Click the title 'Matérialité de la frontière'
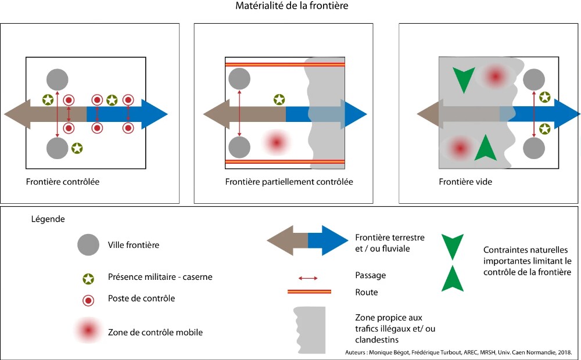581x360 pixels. point(292,6)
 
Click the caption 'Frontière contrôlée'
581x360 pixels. point(63,182)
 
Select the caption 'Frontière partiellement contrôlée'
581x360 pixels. point(289,182)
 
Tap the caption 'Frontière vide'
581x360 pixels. point(465,182)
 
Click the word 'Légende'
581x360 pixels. point(48,220)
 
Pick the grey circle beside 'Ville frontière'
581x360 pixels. point(88,245)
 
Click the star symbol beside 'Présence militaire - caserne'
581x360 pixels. point(88,277)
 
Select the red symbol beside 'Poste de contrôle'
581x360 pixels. point(88,300)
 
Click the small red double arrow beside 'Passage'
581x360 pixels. point(308,278)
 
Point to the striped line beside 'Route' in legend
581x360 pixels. point(309,291)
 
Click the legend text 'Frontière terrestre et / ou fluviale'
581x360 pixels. point(389,243)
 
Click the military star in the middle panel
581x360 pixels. point(279,100)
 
